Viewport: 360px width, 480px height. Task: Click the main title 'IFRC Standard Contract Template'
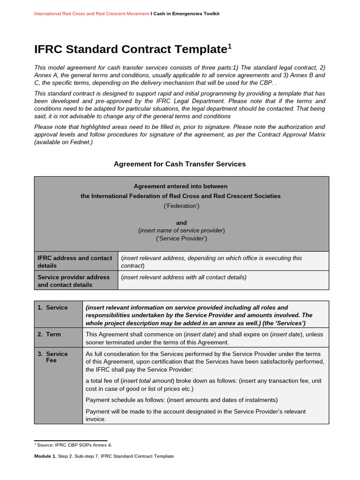[130, 49]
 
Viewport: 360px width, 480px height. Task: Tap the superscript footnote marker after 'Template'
[230, 46]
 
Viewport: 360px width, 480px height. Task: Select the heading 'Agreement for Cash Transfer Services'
[180, 164]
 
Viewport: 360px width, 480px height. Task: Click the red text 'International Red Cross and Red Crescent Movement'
[91, 14]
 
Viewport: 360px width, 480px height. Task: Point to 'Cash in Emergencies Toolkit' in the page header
[186, 14]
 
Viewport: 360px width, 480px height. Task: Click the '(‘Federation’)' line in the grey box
[181, 205]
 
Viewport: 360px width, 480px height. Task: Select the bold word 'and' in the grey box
[181, 223]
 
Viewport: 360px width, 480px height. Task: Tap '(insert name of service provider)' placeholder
[181, 231]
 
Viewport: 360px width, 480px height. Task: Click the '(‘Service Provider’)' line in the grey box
[181, 239]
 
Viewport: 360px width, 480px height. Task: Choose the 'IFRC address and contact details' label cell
[75, 262]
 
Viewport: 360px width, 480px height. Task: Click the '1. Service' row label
[55, 307]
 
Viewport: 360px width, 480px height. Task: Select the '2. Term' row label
[52, 334]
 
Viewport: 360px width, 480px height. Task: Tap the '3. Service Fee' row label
[55, 357]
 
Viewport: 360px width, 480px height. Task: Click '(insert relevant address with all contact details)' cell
[184, 277]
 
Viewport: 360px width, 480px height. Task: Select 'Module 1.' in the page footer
[45, 456]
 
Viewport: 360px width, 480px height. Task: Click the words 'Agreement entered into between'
[181, 186]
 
